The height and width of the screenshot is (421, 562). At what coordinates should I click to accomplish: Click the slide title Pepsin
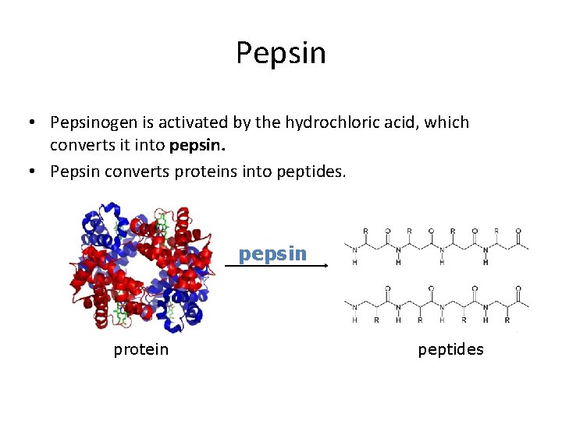coord(281,53)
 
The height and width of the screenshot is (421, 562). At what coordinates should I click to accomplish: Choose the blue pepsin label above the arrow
coord(273,253)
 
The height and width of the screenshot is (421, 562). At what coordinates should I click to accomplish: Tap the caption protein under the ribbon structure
coord(140,349)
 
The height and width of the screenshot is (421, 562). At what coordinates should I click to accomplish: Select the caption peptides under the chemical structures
coord(450,349)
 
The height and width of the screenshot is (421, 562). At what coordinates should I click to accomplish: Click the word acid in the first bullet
coord(398,122)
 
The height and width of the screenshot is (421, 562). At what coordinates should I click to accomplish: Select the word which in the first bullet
coord(446,122)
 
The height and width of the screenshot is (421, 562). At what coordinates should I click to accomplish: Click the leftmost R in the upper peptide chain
coord(366,232)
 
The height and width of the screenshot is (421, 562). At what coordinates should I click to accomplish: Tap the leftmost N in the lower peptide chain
coord(355,306)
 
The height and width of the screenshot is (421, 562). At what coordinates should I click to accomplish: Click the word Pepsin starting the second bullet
coord(73,171)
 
